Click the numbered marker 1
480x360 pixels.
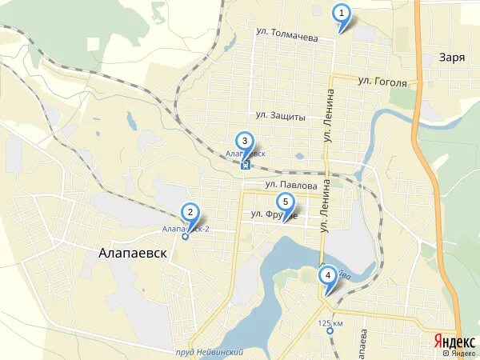click(342, 14)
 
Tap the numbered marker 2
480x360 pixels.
click(190, 213)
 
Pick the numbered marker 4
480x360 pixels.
click(327, 276)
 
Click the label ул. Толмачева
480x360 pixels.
click(287, 35)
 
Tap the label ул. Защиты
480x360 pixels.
click(281, 116)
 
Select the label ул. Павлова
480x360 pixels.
click(286, 184)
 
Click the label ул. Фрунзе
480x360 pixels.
click(274, 214)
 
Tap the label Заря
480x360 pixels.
click(452, 57)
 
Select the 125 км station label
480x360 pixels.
click(330, 323)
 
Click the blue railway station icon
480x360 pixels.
click(245, 166)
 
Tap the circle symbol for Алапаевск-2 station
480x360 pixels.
click(186, 237)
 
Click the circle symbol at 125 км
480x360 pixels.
click(330, 331)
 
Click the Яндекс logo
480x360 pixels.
click(454, 341)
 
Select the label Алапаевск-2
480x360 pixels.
click(186, 229)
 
